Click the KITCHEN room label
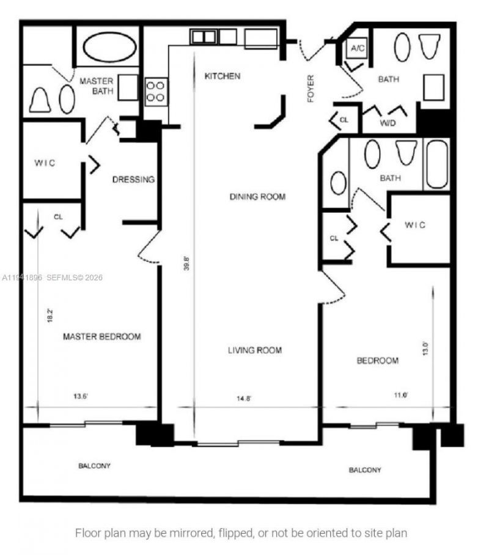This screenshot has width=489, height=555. (x=222, y=76)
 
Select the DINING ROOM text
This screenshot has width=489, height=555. (x=257, y=197)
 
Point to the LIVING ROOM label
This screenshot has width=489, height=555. (x=255, y=350)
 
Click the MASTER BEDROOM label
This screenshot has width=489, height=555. (x=102, y=337)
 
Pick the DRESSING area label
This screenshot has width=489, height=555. (x=133, y=180)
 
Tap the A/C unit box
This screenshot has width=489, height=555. (x=356, y=48)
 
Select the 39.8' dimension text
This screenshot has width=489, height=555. (x=188, y=262)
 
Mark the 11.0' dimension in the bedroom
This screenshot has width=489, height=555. (x=400, y=395)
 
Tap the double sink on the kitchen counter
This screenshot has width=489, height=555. (x=204, y=37)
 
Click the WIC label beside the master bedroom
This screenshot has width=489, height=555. (x=45, y=163)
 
